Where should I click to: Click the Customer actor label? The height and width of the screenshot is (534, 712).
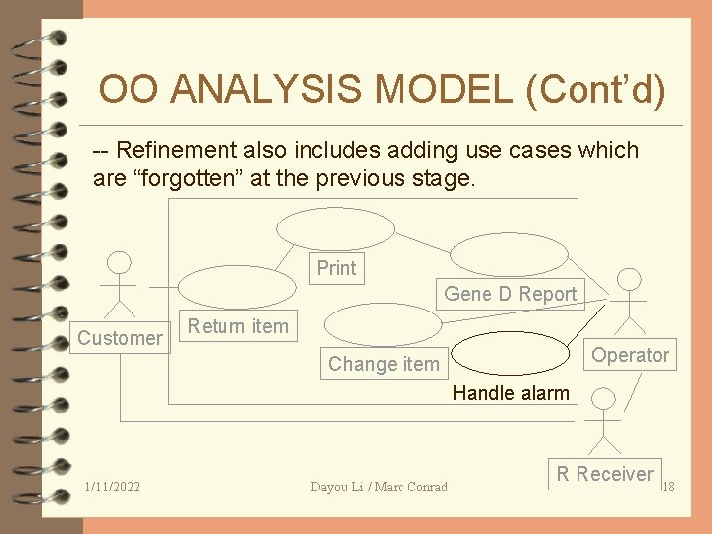pos(120,338)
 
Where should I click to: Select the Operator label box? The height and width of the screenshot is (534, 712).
pos(630,355)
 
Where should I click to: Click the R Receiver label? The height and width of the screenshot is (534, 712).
pos(604,474)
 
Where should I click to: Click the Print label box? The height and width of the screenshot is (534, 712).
pos(336,268)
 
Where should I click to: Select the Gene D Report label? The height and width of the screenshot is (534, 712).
pos(509,294)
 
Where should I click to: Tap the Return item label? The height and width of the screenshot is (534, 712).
pos(238,326)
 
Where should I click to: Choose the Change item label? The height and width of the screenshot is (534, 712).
pos(384,364)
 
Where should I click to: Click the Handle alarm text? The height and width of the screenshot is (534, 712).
pos(510,393)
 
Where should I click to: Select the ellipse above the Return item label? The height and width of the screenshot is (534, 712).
pos(235,287)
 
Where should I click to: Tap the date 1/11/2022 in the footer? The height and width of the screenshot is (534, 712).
pos(113,487)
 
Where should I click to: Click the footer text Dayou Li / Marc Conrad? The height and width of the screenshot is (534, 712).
pos(379,487)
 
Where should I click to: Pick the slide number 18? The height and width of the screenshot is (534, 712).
pos(667,487)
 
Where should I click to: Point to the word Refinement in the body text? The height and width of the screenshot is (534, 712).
pos(175,150)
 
